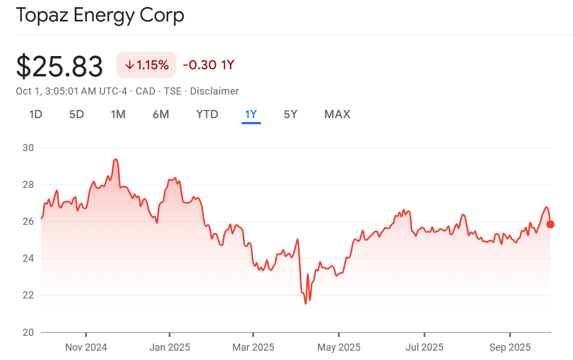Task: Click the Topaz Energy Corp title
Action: click(100, 15)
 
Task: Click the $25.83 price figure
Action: click(59, 67)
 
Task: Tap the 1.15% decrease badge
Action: click(146, 65)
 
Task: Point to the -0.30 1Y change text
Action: click(208, 65)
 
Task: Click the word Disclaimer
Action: click(214, 91)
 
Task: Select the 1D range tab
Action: click(36, 114)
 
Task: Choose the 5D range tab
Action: click(76, 114)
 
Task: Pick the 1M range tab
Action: click(118, 114)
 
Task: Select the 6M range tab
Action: click(161, 114)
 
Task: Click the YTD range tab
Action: click(207, 114)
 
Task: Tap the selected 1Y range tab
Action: click(251, 114)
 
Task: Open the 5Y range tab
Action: click(290, 114)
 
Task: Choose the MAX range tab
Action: click(337, 114)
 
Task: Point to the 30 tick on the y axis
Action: click(29, 148)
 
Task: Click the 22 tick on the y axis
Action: click(29, 295)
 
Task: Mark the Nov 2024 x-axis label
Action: click(86, 347)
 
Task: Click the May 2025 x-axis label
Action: click(339, 347)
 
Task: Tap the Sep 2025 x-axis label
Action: click(510, 347)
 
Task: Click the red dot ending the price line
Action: click(550, 224)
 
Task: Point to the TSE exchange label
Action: click(173, 91)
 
